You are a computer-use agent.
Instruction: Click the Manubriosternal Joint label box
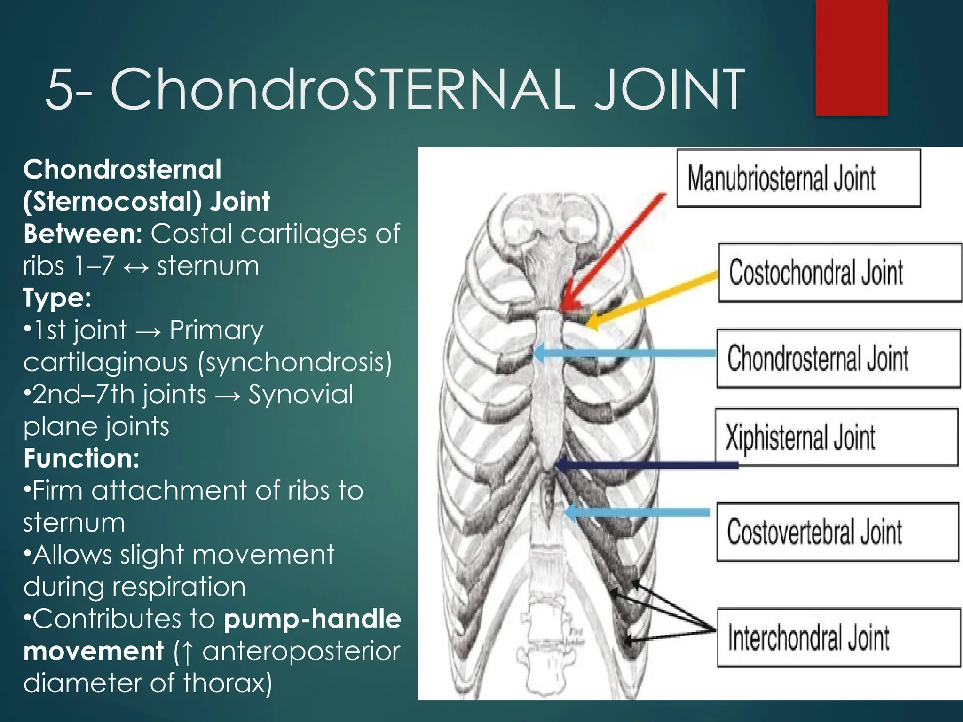798,179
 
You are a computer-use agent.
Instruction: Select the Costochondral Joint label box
839,273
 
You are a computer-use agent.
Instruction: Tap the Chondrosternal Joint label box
838,359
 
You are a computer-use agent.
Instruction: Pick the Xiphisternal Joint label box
836,437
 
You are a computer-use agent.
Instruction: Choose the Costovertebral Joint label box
837,532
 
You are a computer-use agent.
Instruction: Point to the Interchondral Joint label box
838,637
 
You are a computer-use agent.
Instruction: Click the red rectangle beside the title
851,57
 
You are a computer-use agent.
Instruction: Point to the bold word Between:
83,234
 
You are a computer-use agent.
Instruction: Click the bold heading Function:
81,458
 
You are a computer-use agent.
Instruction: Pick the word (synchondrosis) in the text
295,362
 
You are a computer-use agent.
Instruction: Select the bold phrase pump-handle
312,619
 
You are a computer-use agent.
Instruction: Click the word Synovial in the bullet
300,394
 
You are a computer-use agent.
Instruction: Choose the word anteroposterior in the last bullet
301,651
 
